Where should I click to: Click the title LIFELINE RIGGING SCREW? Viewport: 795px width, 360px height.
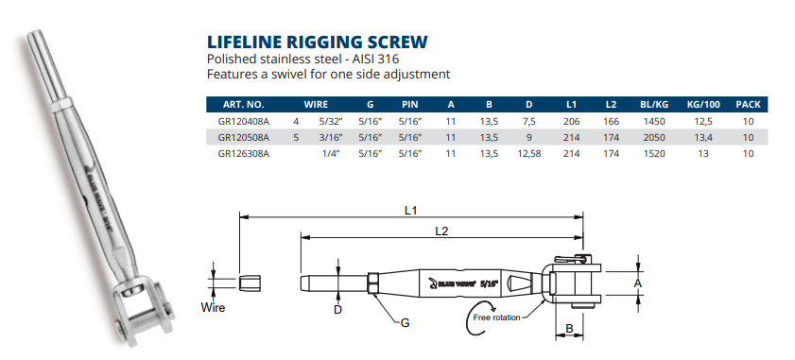point(317,42)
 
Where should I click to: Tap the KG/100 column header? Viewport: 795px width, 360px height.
point(703,105)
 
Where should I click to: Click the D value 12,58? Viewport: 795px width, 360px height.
point(528,153)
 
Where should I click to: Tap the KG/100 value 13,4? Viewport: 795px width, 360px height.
point(703,138)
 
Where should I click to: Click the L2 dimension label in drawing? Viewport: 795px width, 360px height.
point(441,231)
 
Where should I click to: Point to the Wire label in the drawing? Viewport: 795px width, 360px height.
point(214,307)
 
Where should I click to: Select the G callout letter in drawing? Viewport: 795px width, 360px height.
point(405,323)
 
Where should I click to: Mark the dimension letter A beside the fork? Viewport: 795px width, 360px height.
point(638,282)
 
